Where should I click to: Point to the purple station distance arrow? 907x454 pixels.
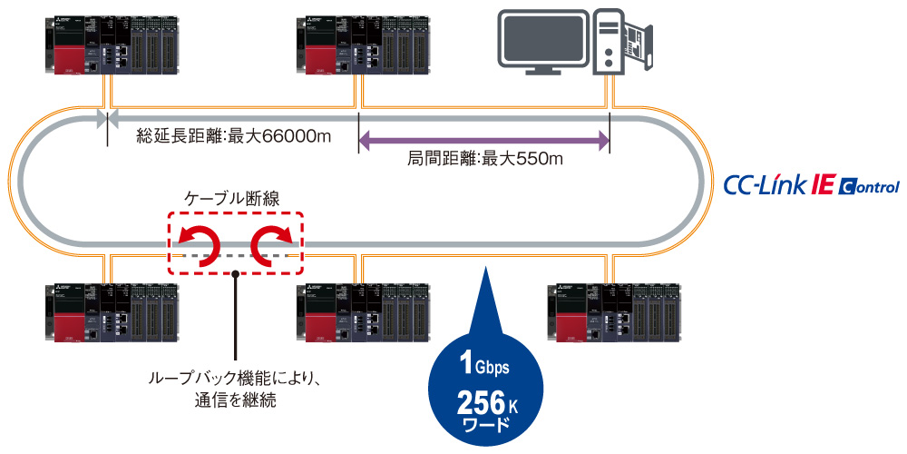(484, 140)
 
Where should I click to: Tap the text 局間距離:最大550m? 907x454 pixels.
(486, 160)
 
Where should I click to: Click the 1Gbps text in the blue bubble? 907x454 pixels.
(484, 366)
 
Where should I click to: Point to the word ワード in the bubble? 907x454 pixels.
(484, 424)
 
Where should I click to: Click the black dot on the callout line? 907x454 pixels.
(235, 269)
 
